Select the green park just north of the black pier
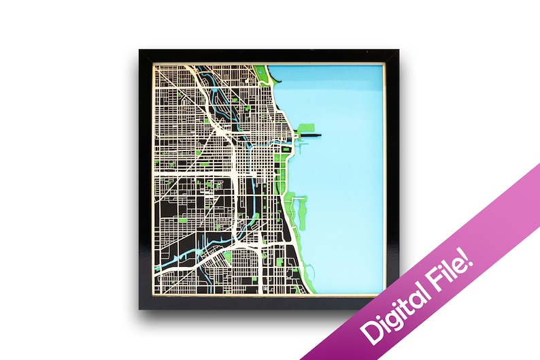pos(304,127)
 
